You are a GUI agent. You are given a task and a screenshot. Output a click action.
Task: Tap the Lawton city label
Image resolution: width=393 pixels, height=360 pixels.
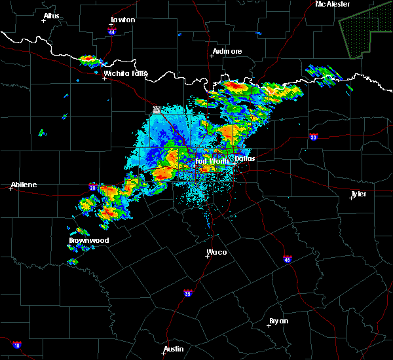122,20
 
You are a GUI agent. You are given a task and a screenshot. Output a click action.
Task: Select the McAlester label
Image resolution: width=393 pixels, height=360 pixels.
333,4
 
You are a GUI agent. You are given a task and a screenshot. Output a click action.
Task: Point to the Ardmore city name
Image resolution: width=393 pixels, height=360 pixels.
227,51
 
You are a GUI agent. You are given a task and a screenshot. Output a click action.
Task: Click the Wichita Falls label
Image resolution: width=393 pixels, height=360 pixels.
126,73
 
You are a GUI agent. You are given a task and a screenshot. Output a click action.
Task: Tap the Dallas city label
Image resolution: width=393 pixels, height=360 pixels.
244,158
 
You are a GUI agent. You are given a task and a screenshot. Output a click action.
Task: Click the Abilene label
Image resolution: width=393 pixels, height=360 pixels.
24,185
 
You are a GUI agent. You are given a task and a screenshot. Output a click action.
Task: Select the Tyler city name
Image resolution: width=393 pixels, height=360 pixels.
359,194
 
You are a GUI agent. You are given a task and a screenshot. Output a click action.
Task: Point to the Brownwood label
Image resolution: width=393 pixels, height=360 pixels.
88,240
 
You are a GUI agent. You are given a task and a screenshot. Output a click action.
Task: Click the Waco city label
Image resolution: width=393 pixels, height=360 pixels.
217,252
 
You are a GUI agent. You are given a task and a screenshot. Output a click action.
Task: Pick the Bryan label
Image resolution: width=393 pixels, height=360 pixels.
278,321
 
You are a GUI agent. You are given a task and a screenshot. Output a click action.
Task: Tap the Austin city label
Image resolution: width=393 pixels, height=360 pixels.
174,349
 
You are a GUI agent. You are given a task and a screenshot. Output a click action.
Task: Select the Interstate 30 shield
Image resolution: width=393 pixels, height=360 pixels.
314,137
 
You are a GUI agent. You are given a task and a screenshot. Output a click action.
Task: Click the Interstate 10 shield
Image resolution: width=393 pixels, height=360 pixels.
16,345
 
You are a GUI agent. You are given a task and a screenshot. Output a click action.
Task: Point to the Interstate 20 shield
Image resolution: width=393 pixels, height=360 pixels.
93,187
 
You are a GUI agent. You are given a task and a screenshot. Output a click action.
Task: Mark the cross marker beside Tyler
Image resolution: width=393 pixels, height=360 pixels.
351,198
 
